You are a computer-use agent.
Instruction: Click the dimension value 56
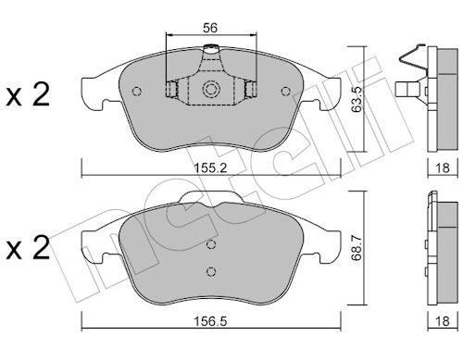coord(210,28)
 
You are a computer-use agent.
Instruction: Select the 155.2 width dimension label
coord(210,168)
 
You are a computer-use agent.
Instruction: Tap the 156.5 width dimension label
coord(210,321)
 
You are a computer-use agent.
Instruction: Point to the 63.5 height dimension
coord(357,99)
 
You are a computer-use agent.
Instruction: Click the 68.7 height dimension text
coord(357,248)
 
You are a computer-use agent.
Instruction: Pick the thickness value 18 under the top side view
coord(442,168)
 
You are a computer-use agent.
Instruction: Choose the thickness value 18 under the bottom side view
coord(442,321)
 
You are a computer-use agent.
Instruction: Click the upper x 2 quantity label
coord(28,95)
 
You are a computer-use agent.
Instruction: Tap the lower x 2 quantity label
coord(28,247)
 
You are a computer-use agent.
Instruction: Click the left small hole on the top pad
coord(136,92)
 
